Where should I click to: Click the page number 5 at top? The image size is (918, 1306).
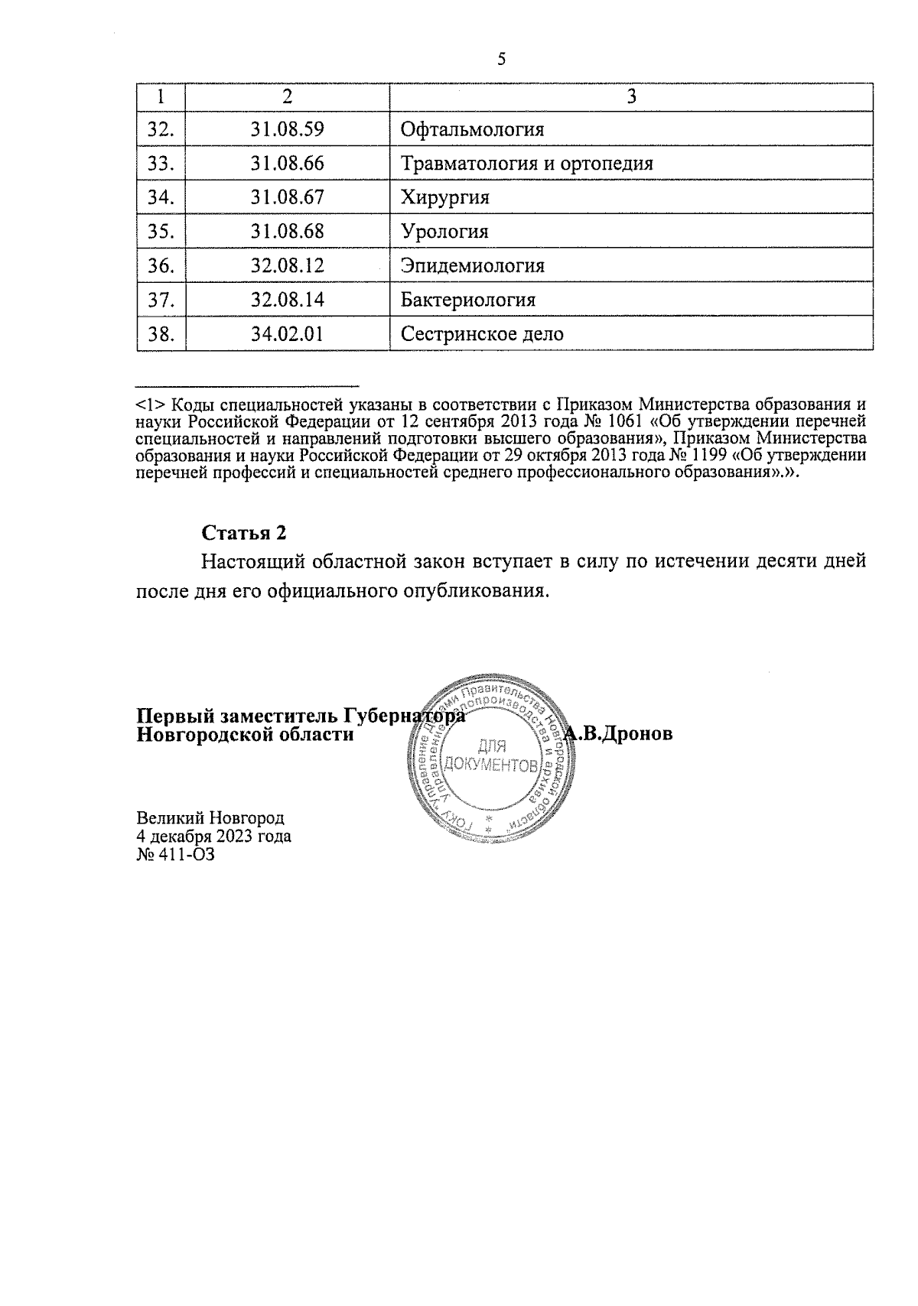coord(502,59)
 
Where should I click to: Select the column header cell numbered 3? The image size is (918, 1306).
coord(631,96)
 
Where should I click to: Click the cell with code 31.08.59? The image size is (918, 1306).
coord(287,129)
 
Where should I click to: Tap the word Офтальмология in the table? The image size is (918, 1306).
coord(472,129)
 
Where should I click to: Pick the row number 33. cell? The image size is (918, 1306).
coord(161,164)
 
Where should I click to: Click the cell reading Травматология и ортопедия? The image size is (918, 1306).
coord(527,164)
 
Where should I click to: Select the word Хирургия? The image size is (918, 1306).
coord(444,198)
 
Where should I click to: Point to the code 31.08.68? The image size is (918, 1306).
coord(287,232)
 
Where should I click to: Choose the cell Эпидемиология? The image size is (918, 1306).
coord(472,266)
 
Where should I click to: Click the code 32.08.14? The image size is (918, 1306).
coord(287,300)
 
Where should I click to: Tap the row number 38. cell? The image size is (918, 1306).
coord(161,334)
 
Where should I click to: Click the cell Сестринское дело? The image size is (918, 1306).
coord(482,334)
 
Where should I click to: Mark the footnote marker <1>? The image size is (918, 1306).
coord(148,404)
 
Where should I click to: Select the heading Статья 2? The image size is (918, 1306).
coord(243,532)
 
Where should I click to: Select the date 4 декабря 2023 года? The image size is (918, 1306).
coord(213,836)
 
